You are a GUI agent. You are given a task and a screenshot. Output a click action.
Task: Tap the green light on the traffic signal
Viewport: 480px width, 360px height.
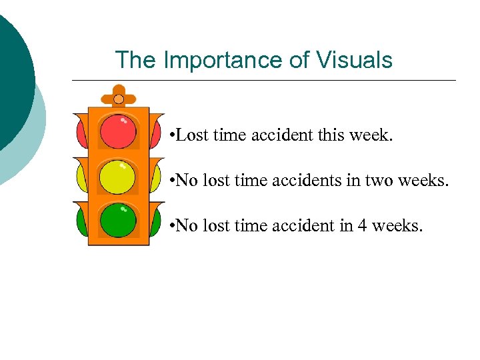(x=118, y=220)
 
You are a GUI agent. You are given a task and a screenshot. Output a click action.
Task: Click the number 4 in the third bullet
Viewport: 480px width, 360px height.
(x=362, y=225)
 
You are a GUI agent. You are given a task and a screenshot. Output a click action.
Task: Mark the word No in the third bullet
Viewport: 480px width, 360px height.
(x=187, y=225)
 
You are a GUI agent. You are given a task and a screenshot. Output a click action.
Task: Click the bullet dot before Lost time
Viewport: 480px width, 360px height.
(x=172, y=137)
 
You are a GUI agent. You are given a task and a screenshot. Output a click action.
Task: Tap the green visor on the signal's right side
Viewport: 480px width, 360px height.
(x=156, y=220)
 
